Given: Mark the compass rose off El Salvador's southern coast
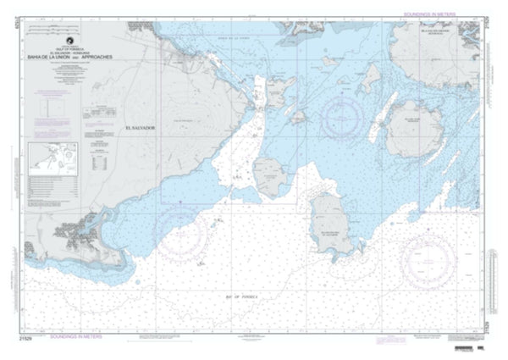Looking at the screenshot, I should click(x=181, y=227).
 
